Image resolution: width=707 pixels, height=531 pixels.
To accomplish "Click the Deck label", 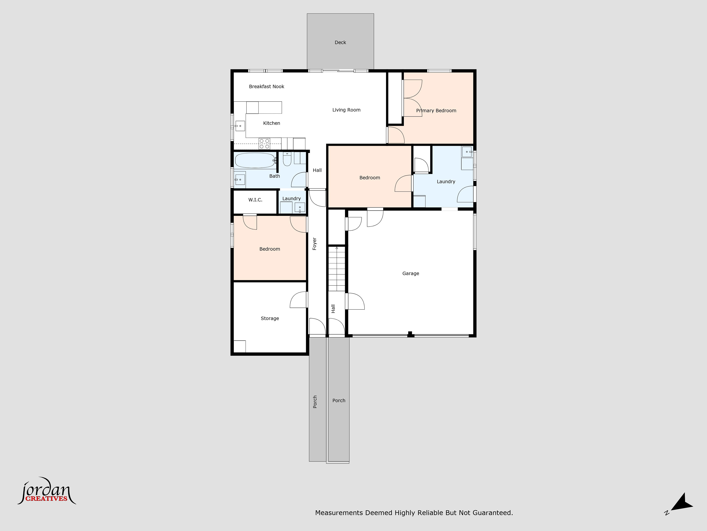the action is pyautogui.click(x=340, y=42).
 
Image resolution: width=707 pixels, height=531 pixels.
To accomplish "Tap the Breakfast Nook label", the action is pyautogui.click(x=267, y=86).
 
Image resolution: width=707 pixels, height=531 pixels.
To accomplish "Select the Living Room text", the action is pyautogui.click(x=346, y=110).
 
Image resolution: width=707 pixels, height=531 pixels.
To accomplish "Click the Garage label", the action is pyautogui.click(x=410, y=273).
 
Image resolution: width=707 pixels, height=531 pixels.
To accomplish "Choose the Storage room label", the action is pyautogui.click(x=270, y=318).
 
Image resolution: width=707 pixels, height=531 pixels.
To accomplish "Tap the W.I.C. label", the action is pyautogui.click(x=255, y=200).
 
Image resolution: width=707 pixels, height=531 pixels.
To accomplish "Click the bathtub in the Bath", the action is pyautogui.click(x=255, y=160).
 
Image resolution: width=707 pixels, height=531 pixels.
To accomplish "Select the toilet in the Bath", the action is pyautogui.click(x=287, y=159).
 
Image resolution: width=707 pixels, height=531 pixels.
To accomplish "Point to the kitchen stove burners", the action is pyautogui.click(x=264, y=144).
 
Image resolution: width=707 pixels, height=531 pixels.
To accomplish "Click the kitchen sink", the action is pyautogui.click(x=240, y=126).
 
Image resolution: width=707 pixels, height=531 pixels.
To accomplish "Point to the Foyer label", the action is pyautogui.click(x=315, y=244).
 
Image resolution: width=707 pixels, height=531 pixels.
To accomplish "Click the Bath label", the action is pyautogui.click(x=275, y=176).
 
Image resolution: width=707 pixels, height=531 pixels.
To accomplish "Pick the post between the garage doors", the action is pyautogui.click(x=410, y=334).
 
